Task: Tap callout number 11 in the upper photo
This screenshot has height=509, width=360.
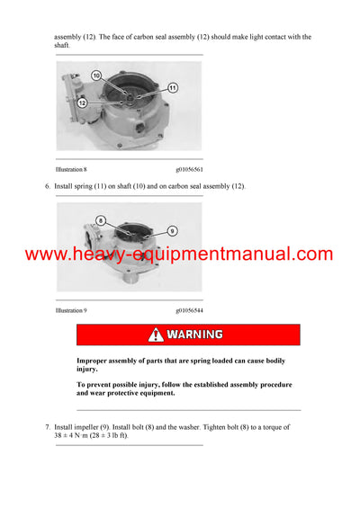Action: pos(174,87)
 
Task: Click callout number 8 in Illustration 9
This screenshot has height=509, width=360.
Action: pos(101,219)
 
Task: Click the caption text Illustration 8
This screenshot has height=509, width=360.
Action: pos(71,169)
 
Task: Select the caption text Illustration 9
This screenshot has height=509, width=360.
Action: pos(71,310)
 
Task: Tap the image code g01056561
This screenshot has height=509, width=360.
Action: pos(189,169)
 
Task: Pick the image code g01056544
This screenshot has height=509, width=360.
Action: pos(189,310)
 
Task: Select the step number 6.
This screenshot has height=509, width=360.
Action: pos(47,186)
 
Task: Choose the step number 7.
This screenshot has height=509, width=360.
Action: pos(47,427)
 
